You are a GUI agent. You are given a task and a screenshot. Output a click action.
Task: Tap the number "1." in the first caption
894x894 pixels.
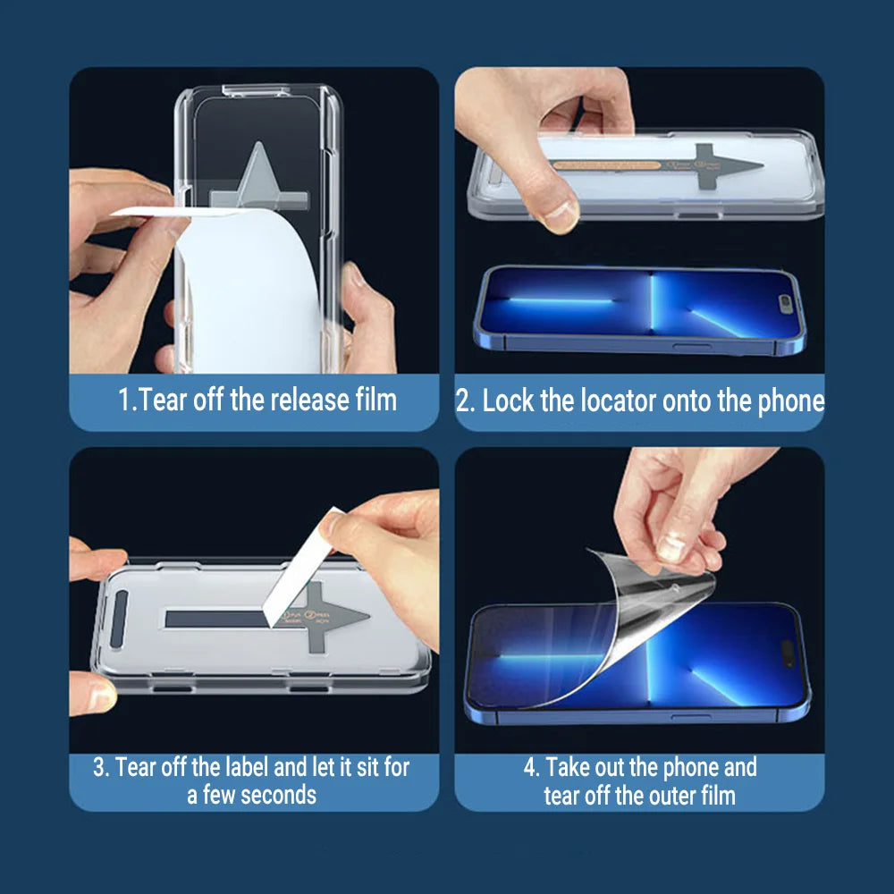(x=127, y=401)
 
